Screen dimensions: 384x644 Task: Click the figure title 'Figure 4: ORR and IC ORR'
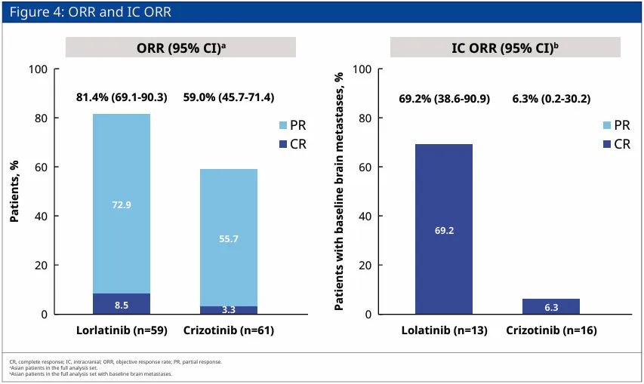(x=91, y=12)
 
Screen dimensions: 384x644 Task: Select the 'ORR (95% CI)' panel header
(x=180, y=47)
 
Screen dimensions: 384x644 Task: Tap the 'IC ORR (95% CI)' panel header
(x=504, y=47)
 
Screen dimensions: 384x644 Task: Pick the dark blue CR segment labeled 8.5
(x=121, y=304)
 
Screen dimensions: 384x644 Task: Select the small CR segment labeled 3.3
(x=228, y=310)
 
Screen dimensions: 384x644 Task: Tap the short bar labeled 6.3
(x=550, y=306)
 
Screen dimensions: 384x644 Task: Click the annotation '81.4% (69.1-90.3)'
(x=122, y=97)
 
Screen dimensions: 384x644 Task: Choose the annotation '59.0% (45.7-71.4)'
(x=229, y=97)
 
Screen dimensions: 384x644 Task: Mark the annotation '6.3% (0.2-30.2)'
(x=551, y=99)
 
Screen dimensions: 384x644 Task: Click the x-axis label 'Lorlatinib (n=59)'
(x=121, y=330)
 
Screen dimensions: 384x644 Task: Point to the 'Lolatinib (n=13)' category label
(x=444, y=330)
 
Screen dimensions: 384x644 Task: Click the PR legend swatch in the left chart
(x=283, y=125)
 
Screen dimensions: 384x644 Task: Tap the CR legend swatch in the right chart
(x=606, y=143)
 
